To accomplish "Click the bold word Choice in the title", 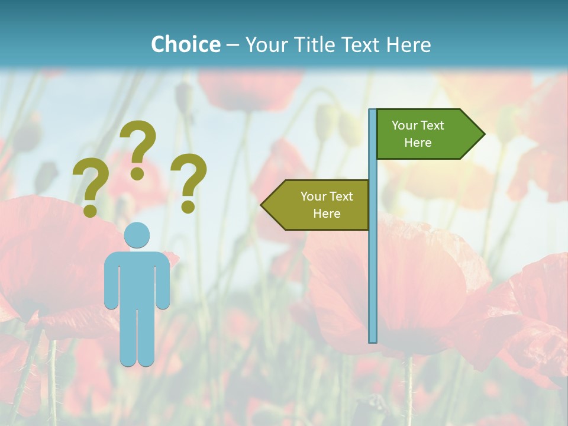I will coord(185,44).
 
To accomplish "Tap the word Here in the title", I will coord(408,44).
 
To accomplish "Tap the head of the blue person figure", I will coord(137,235).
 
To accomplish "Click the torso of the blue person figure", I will coord(137,278).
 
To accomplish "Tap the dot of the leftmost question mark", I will coord(90,210).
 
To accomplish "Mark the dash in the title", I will coord(233,45).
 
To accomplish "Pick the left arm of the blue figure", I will coord(111,284).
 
